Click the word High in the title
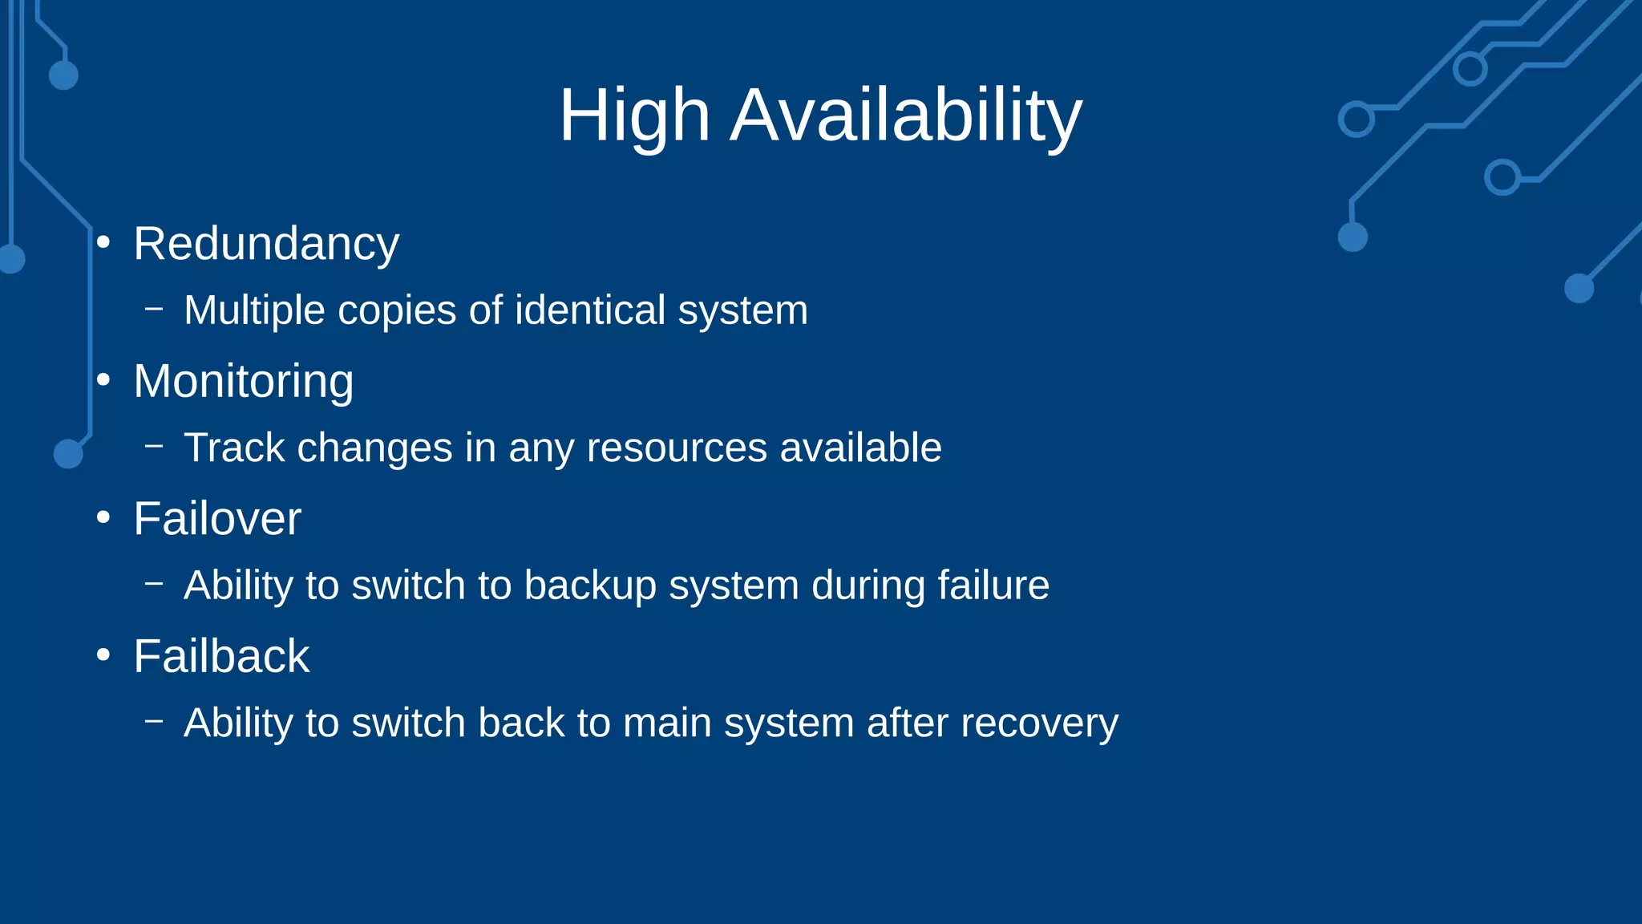[634, 115]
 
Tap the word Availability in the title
[906, 115]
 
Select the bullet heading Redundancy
[266, 244]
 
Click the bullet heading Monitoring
[243, 381]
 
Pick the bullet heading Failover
[217, 519]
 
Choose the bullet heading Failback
[221, 656]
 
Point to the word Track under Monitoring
[234, 448]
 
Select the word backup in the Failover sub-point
[590, 586]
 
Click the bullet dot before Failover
[103, 518]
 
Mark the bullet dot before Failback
[103, 655]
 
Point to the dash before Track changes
[154, 446]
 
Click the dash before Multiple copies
[154, 308]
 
